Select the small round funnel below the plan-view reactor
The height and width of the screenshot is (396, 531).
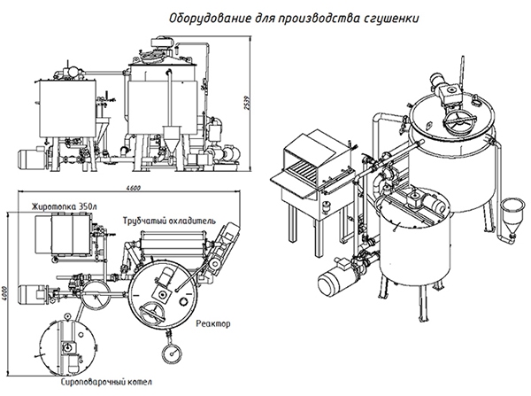[x=168, y=354]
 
